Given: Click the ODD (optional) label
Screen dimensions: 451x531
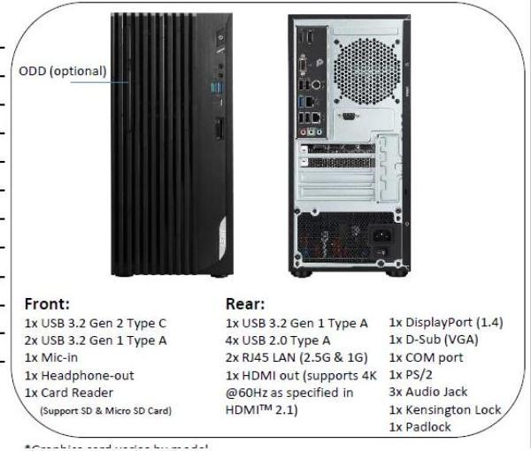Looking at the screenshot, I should (x=63, y=71).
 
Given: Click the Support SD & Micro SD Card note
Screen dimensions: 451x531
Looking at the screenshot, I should (x=105, y=410).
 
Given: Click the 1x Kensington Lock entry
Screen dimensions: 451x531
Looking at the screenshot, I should (x=445, y=409).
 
